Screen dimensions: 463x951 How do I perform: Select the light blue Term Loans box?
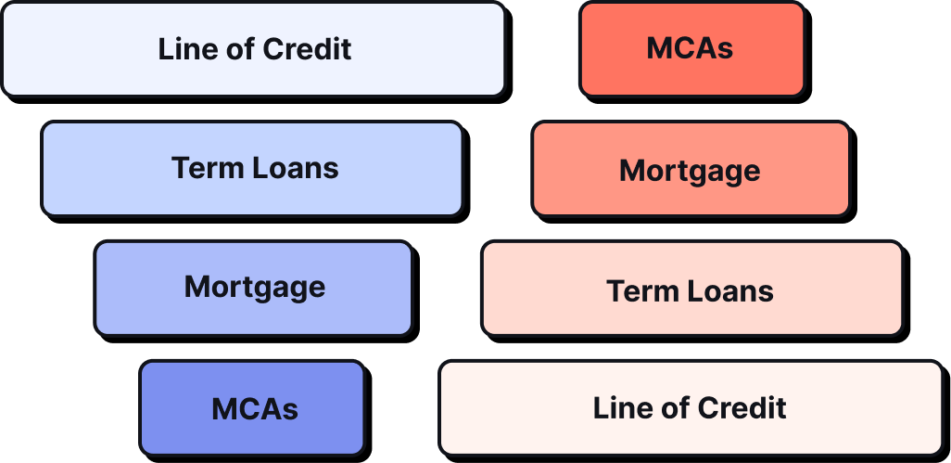tap(252, 168)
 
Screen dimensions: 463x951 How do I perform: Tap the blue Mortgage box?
tap(253, 288)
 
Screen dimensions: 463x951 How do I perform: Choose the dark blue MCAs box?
tap(252, 408)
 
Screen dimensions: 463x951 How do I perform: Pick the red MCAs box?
tap(691, 49)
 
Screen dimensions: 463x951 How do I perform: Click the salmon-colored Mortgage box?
tap(691, 169)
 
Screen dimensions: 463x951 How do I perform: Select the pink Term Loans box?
tap(691, 289)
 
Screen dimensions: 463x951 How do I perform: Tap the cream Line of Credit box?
tap(691, 408)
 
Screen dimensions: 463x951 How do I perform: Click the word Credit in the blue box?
tap(309, 49)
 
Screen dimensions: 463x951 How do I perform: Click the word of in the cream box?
tap(662, 407)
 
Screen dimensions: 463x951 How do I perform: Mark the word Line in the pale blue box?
tap(181, 49)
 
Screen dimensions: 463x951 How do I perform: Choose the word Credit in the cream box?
tap(743, 407)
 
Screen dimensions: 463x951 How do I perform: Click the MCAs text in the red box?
tap(691, 49)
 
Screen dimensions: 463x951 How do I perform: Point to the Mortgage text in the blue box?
tap(255, 288)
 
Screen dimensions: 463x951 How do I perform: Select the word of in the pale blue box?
tap(226, 49)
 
